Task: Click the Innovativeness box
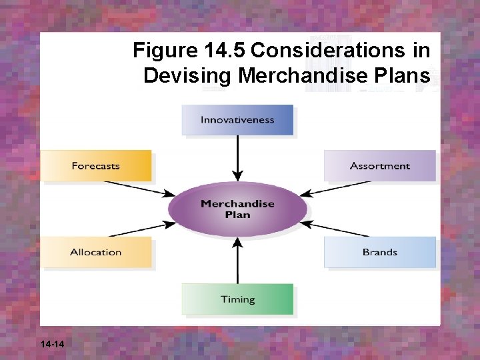(237, 120)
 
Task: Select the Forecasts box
(96, 166)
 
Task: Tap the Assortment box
(379, 165)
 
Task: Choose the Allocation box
(96, 253)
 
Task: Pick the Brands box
(379, 252)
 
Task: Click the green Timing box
(237, 299)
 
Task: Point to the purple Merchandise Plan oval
(237, 209)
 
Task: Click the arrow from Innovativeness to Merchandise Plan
(237, 159)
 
